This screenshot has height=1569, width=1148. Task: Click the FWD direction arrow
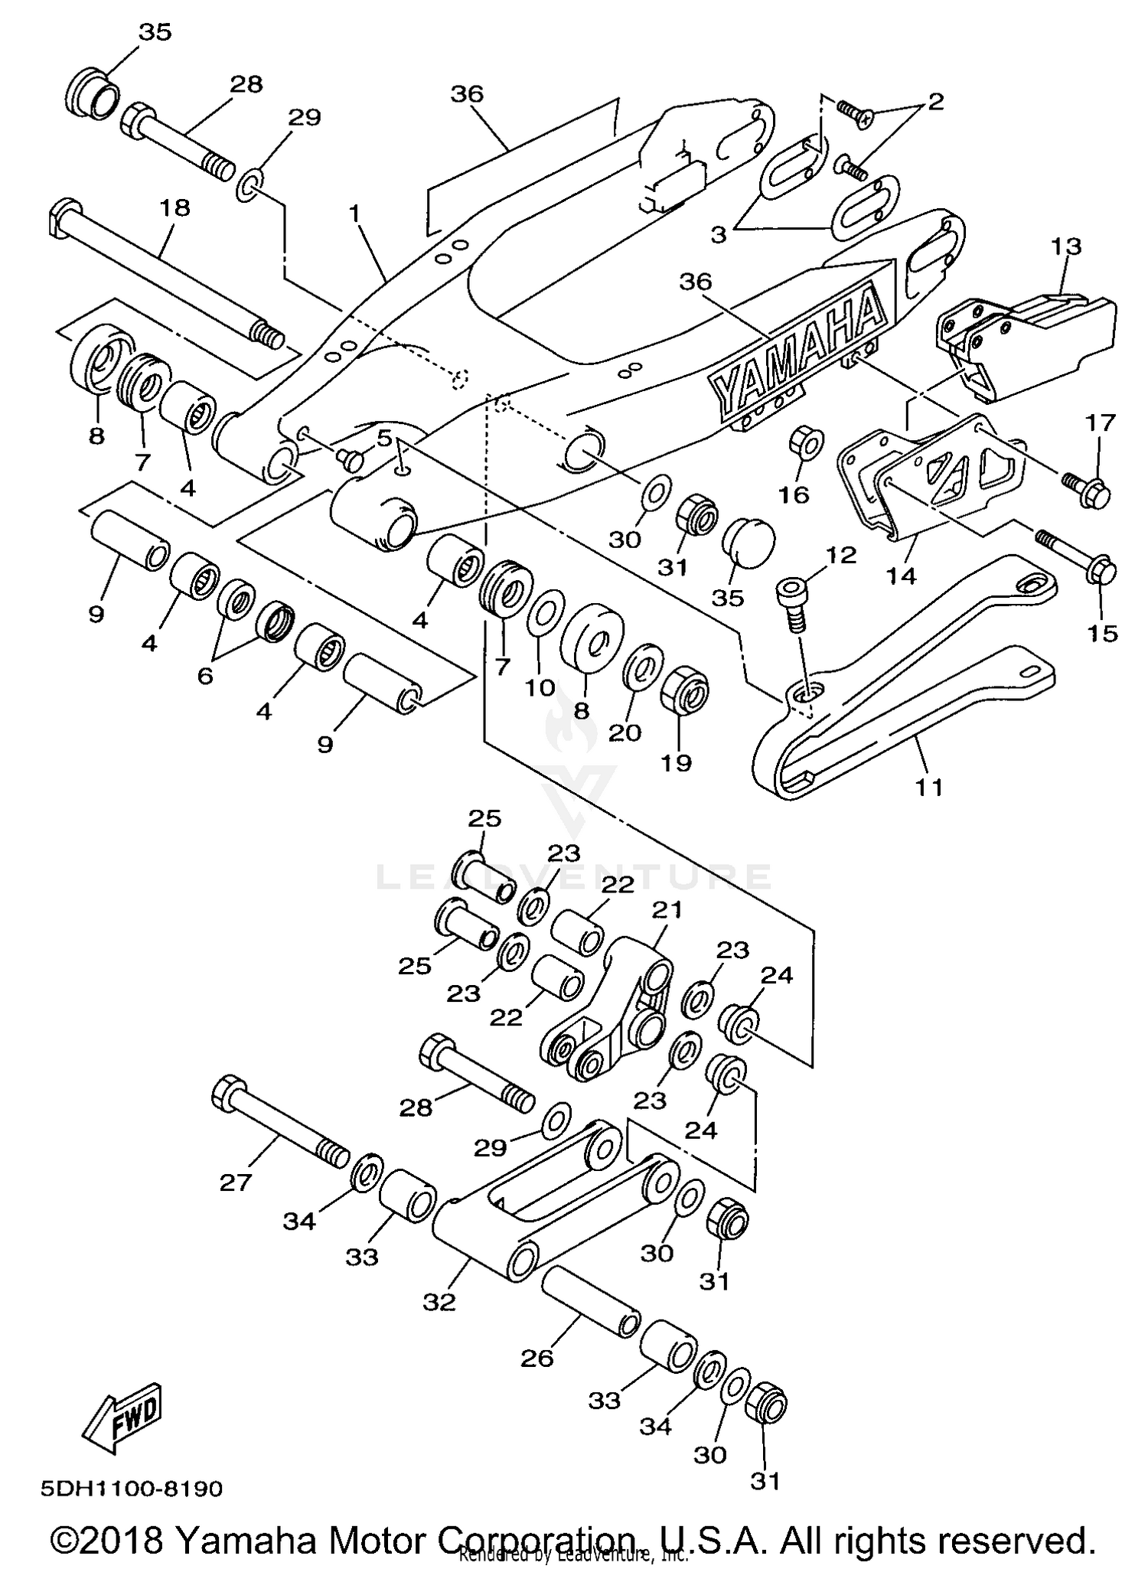(122, 1416)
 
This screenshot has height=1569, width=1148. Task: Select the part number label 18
(174, 207)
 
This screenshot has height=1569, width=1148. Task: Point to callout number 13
(1065, 246)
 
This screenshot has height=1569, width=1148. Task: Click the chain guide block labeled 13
(1033, 337)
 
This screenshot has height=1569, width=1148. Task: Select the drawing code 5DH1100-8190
(132, 1489)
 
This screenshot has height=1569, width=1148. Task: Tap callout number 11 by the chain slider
(929, 786)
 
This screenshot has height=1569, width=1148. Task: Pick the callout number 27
(235, 1182)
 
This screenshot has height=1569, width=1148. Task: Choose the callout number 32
(439, 1301)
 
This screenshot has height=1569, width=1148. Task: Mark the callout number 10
(540, 687)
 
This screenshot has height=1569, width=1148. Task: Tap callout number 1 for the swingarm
(354, 214)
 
